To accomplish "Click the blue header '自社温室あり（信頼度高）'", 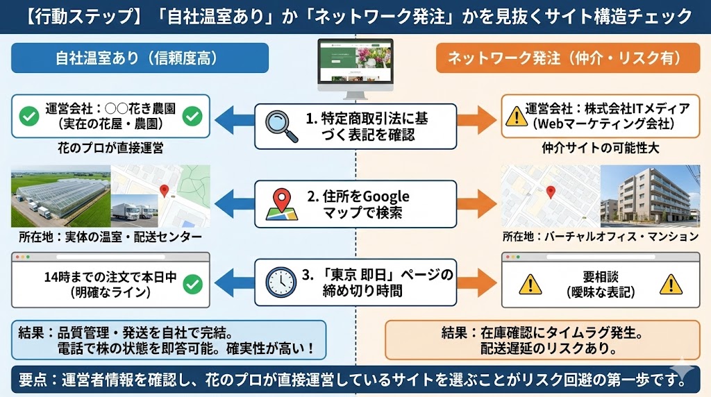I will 140,58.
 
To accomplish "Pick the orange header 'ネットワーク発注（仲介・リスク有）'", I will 568,58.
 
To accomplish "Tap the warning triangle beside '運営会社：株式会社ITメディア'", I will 515,116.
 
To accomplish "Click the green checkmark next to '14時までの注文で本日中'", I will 192,283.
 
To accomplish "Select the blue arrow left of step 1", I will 233,117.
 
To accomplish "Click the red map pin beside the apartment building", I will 551,192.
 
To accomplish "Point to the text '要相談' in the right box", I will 601,276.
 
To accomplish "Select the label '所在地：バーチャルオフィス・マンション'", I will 600,237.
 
